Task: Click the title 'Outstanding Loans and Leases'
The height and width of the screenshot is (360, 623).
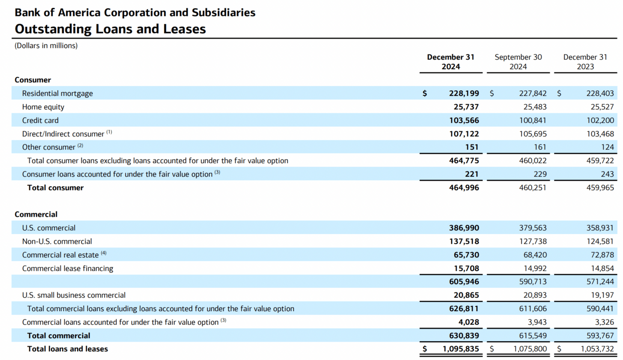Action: [110, 29]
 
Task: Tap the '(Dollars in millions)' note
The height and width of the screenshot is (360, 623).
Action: [46, 46]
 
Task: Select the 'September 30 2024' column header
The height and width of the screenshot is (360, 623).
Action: [518, 62]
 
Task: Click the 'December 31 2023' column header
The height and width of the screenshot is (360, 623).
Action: [585, 62]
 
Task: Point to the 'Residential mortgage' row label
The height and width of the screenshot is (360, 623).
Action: [57, 94]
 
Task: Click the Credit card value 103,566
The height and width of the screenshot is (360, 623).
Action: [464, 121]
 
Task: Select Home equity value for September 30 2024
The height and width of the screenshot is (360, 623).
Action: [533, 107]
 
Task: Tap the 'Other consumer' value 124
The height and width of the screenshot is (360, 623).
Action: [608, 147]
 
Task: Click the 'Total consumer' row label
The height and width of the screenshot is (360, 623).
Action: [55, 188]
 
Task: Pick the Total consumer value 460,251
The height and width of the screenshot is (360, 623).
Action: [532, 188]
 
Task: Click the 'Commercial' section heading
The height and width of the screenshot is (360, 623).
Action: [36, 214]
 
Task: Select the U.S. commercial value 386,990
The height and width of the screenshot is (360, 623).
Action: [464, 228]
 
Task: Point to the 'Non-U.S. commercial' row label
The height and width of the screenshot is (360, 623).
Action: [57, 241]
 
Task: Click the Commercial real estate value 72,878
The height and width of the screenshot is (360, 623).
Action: [601, 255]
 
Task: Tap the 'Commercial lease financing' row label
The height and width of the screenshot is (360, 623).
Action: [68, 268]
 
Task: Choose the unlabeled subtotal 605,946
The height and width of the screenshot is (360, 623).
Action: [464, 282]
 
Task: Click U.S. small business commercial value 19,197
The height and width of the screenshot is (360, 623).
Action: [601, 295]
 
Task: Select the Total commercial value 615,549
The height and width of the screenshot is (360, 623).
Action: [532, 336]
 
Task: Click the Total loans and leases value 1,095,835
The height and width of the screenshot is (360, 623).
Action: [461, 349]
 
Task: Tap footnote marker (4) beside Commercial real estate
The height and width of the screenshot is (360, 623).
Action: [104, 253]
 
